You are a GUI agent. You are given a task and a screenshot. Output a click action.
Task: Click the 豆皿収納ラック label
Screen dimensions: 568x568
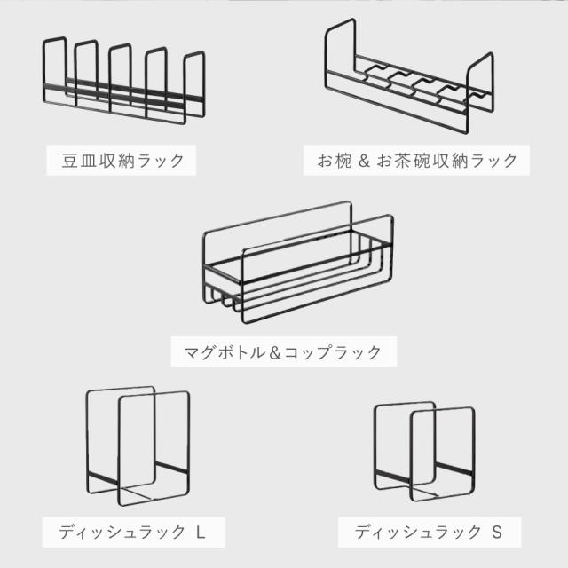click(x=122, y=161)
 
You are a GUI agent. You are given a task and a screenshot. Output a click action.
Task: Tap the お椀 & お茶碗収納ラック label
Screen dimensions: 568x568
click(x=416, y=161)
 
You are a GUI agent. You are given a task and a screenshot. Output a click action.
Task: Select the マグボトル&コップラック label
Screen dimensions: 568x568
click(x=283, y=352)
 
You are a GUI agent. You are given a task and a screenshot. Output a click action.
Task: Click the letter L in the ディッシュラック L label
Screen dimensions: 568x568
click(x=201, y=532)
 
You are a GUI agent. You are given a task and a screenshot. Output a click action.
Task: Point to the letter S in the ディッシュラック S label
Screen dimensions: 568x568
click(x=497, y=532)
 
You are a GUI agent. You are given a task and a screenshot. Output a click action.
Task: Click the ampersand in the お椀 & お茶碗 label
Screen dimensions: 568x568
click(x=364, y=161)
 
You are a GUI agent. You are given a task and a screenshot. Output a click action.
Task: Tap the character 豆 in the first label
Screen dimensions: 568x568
click(x=69, y=161)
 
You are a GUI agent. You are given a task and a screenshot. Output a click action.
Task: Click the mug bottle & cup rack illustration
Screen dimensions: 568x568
click(x=298, y=263)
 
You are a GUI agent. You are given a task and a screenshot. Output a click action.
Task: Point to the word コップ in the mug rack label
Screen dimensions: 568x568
click(x=307, y=352)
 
